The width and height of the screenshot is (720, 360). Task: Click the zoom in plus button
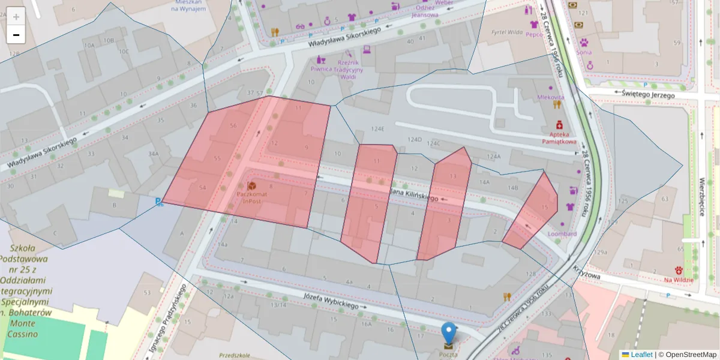click(16, 17)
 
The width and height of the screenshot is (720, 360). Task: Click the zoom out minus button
click(16, 35)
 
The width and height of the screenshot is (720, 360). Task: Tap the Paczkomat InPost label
click(251, 197)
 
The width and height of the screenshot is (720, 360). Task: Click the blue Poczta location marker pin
click(449, 333)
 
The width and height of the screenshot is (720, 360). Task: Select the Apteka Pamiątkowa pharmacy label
click(559, 138)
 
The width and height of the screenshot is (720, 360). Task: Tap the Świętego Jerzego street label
click(649, 94)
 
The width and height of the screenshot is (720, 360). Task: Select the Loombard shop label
click(562, 234)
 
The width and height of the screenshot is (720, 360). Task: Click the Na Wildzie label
click(679, 280)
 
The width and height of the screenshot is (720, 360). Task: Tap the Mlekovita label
click(551, 97)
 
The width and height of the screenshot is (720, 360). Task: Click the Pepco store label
click(534, 34)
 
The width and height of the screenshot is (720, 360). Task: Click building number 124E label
click(377, 129)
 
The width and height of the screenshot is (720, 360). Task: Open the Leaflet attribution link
click(641, 355)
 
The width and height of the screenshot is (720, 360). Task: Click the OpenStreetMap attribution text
click(691, 355)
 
